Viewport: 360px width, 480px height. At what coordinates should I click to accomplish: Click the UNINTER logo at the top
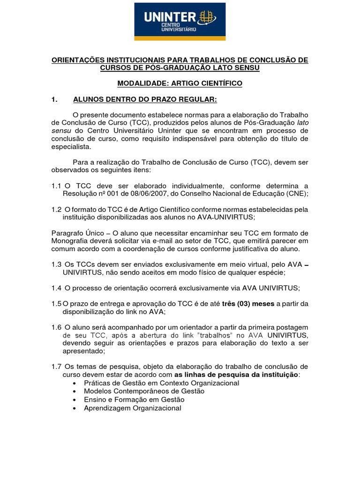click(180, 22)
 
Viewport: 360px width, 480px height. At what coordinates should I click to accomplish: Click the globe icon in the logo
click(207, 17)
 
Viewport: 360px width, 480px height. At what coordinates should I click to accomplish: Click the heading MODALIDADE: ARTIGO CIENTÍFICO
click(180, 83)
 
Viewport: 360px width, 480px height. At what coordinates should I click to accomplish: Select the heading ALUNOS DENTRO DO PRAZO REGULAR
click(145, 99)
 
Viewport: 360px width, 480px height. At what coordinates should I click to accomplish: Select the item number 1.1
click(57, 186)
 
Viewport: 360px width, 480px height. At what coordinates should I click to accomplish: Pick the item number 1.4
click(57, 287)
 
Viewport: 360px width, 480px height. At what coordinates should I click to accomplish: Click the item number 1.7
click(57, 366)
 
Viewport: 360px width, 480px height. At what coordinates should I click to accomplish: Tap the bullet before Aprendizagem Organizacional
click(76, 408)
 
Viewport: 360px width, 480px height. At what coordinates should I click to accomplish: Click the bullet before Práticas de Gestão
click(76, 383)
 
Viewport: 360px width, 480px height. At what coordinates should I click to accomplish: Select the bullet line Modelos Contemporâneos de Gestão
click(144, 391)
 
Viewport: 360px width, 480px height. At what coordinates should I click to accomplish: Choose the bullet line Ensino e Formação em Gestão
click(134, 400)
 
